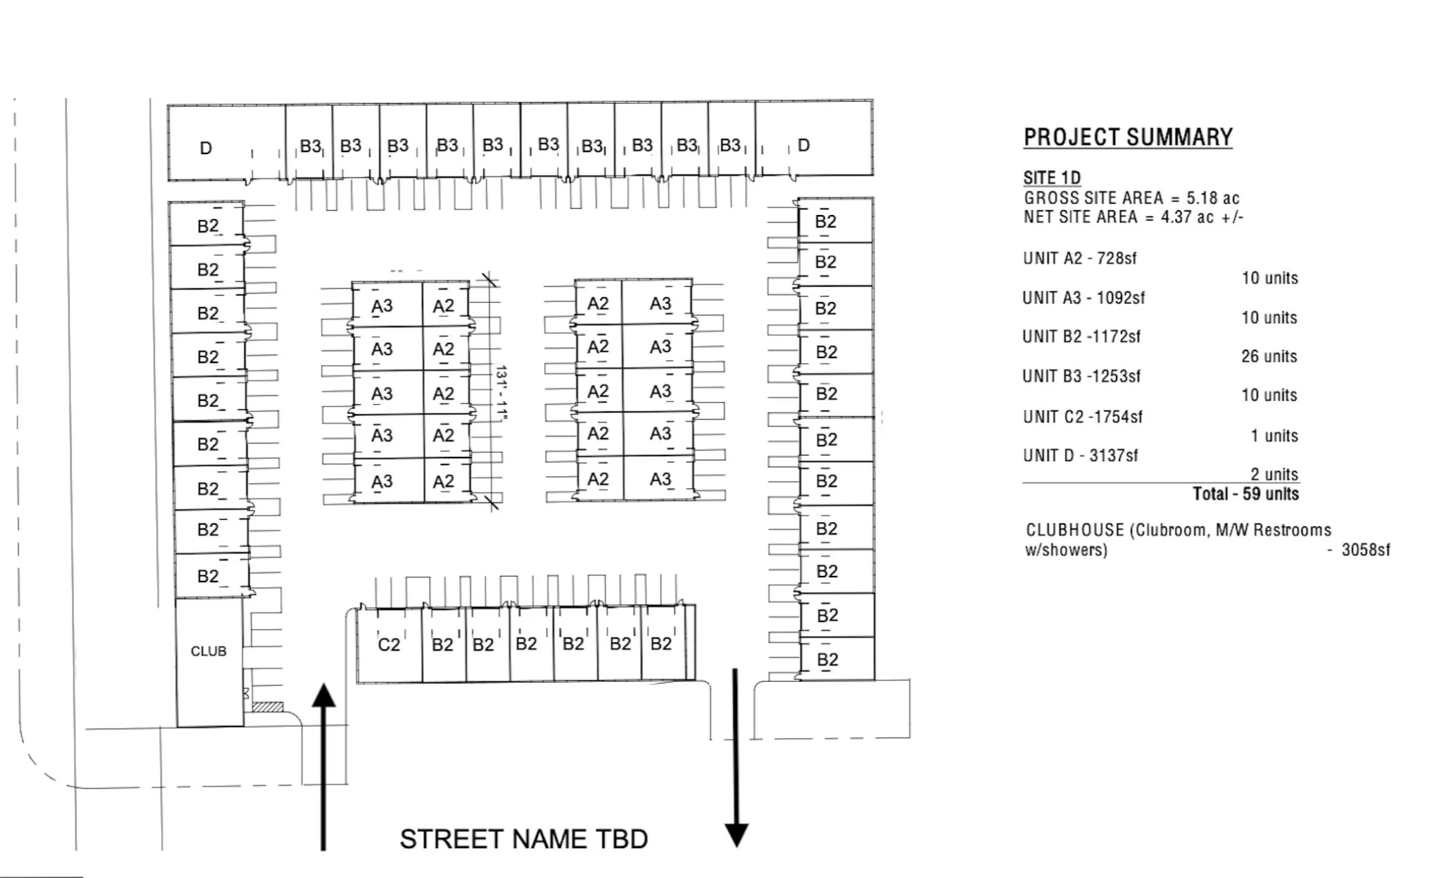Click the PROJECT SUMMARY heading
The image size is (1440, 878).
tap(1128, 137)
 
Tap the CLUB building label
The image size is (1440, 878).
tap(208, 651)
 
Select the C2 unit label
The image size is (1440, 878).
tap(389, 644)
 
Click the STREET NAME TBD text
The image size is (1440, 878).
tap(523, 839)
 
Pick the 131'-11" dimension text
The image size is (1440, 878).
tap(501, 393)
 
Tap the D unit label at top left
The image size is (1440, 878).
tap(205, 148)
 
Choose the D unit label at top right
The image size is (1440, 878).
tap(803, 145)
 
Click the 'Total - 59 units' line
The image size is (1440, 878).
tap(1245, 494)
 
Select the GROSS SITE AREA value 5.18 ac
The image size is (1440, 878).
tap(1213, 198)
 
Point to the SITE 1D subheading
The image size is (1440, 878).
tap(1051, 178)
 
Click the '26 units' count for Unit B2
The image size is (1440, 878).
tap(1269, 356)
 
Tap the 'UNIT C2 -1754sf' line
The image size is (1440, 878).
tap(1082, 416)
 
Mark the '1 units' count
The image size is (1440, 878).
tap(1273, 436)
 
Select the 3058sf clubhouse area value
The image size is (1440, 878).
tap(1365, 550)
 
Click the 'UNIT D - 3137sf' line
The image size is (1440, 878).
tap(1080, 455)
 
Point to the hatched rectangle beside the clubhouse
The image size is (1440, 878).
tap(268, 707)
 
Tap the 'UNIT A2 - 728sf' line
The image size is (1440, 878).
tap(1079, 258)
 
